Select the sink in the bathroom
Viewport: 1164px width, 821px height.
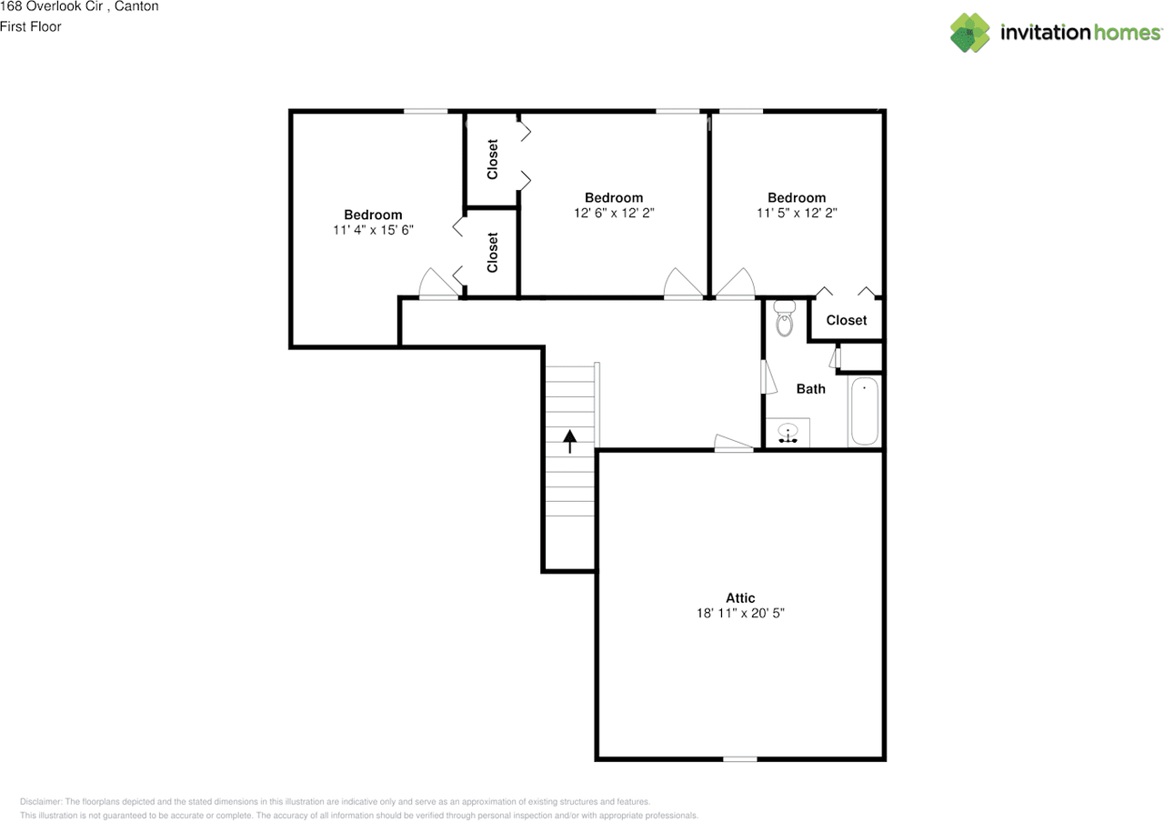click(788, 434)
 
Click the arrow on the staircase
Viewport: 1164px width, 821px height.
click(570, 441)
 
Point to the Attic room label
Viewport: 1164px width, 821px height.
click(740, 597)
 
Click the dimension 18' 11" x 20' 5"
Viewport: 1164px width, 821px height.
click(740, 614)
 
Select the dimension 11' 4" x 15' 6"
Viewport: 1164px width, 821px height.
click(373, 231)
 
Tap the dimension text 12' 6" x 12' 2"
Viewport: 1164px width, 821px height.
click(614, 214)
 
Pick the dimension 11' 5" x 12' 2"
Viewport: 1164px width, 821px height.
click(797, 214)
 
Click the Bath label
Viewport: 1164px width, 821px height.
click(811, 389)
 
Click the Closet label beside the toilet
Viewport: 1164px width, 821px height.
click(847, 320)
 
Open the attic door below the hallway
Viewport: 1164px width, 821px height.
click(734, 443)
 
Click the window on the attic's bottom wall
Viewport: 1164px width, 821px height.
click(739, 758)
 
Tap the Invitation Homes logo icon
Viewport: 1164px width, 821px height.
click(970, 33)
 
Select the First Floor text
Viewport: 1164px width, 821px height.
click(31, 26)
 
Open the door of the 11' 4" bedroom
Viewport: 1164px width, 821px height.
click(438, 285)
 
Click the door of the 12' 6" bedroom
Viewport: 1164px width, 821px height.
click(683, 284)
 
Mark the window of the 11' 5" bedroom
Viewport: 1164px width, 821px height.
click(740, 112)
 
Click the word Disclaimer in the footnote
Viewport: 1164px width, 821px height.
click(41, 802)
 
